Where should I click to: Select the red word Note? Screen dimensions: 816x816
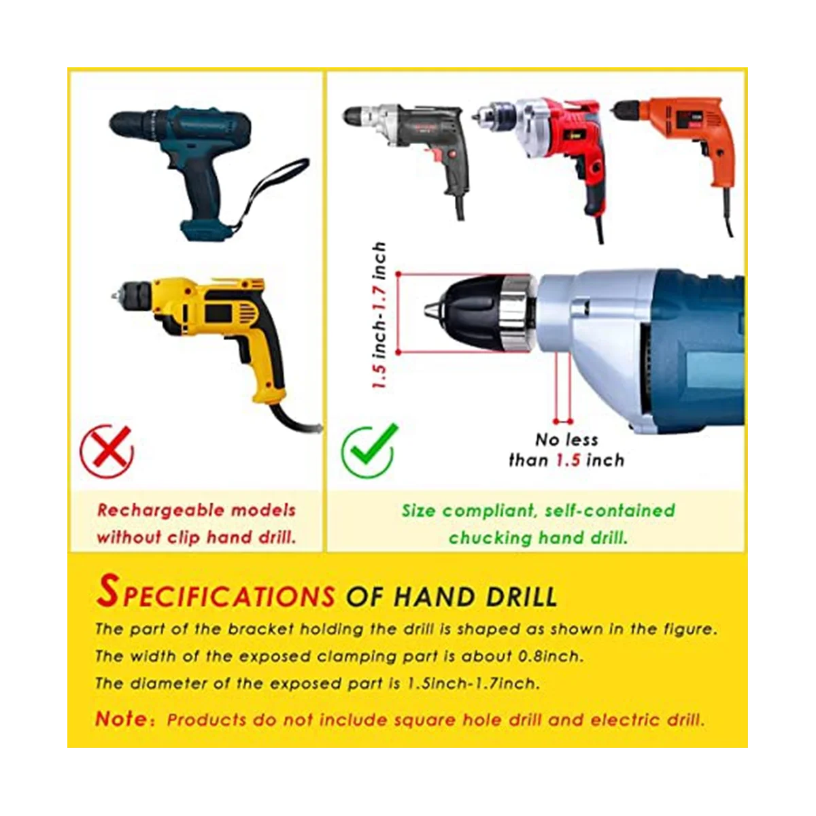point(121,718)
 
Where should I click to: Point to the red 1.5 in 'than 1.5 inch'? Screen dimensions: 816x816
point(568,460)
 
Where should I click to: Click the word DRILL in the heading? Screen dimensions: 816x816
point(516,596)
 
